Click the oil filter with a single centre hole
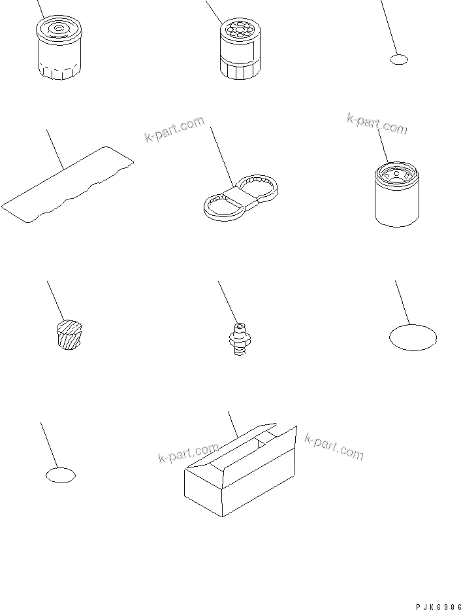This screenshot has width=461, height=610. pos(59,48)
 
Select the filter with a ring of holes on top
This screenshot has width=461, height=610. pos(240,50)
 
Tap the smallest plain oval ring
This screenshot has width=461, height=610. pos(398,59)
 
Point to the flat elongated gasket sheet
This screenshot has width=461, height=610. pos(67,184)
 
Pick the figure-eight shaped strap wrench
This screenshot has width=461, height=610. pos(241,197)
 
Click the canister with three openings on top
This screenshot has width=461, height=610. pos(397,195)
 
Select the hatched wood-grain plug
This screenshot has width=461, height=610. pos(69,335)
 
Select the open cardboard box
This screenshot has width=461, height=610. pos(240,470)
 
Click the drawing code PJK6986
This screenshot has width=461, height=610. pos(437,607)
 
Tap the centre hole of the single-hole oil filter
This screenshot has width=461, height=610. pos(59,28)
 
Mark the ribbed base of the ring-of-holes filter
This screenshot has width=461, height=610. pos(240,71)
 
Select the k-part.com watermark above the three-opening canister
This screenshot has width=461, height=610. pos(377,124)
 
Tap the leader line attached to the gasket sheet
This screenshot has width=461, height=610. pos(55,149)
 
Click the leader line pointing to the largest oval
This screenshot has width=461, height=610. pos(403,303)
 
